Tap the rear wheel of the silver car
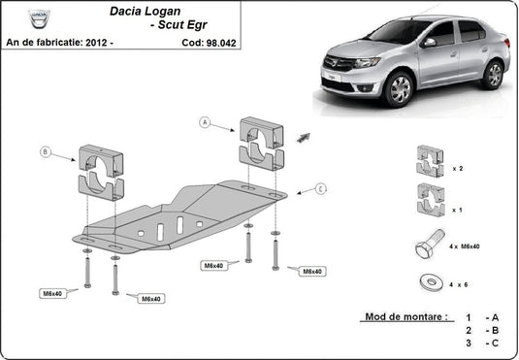pos(495,74)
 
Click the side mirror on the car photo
pos(429,43)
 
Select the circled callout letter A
pos(205,122)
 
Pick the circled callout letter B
pos(45,151)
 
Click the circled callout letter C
pos(321,188)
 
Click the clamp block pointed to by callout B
pos(101,172)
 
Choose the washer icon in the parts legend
pos(430,281)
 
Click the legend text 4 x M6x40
pos(466,246)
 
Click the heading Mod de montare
pos(405,317)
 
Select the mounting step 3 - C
pos(480,343)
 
